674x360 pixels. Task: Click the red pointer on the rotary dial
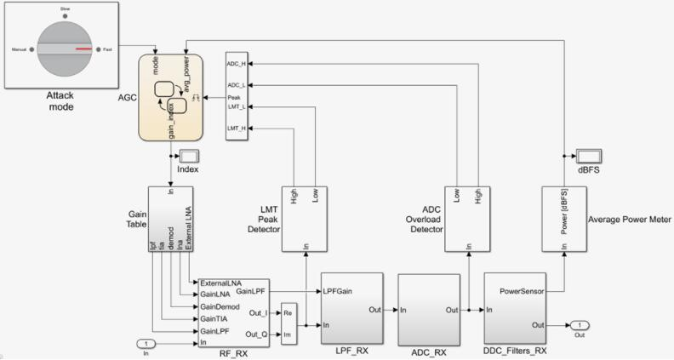click(x=83, y=49)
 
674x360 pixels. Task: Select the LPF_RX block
click(x=351, y=308)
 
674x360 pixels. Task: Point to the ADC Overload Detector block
click(x=469, y=219)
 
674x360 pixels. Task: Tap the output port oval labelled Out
click(x=578, y=325)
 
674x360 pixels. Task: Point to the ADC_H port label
click(x=237, y=64)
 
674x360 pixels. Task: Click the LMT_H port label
click(x=237, y=128)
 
